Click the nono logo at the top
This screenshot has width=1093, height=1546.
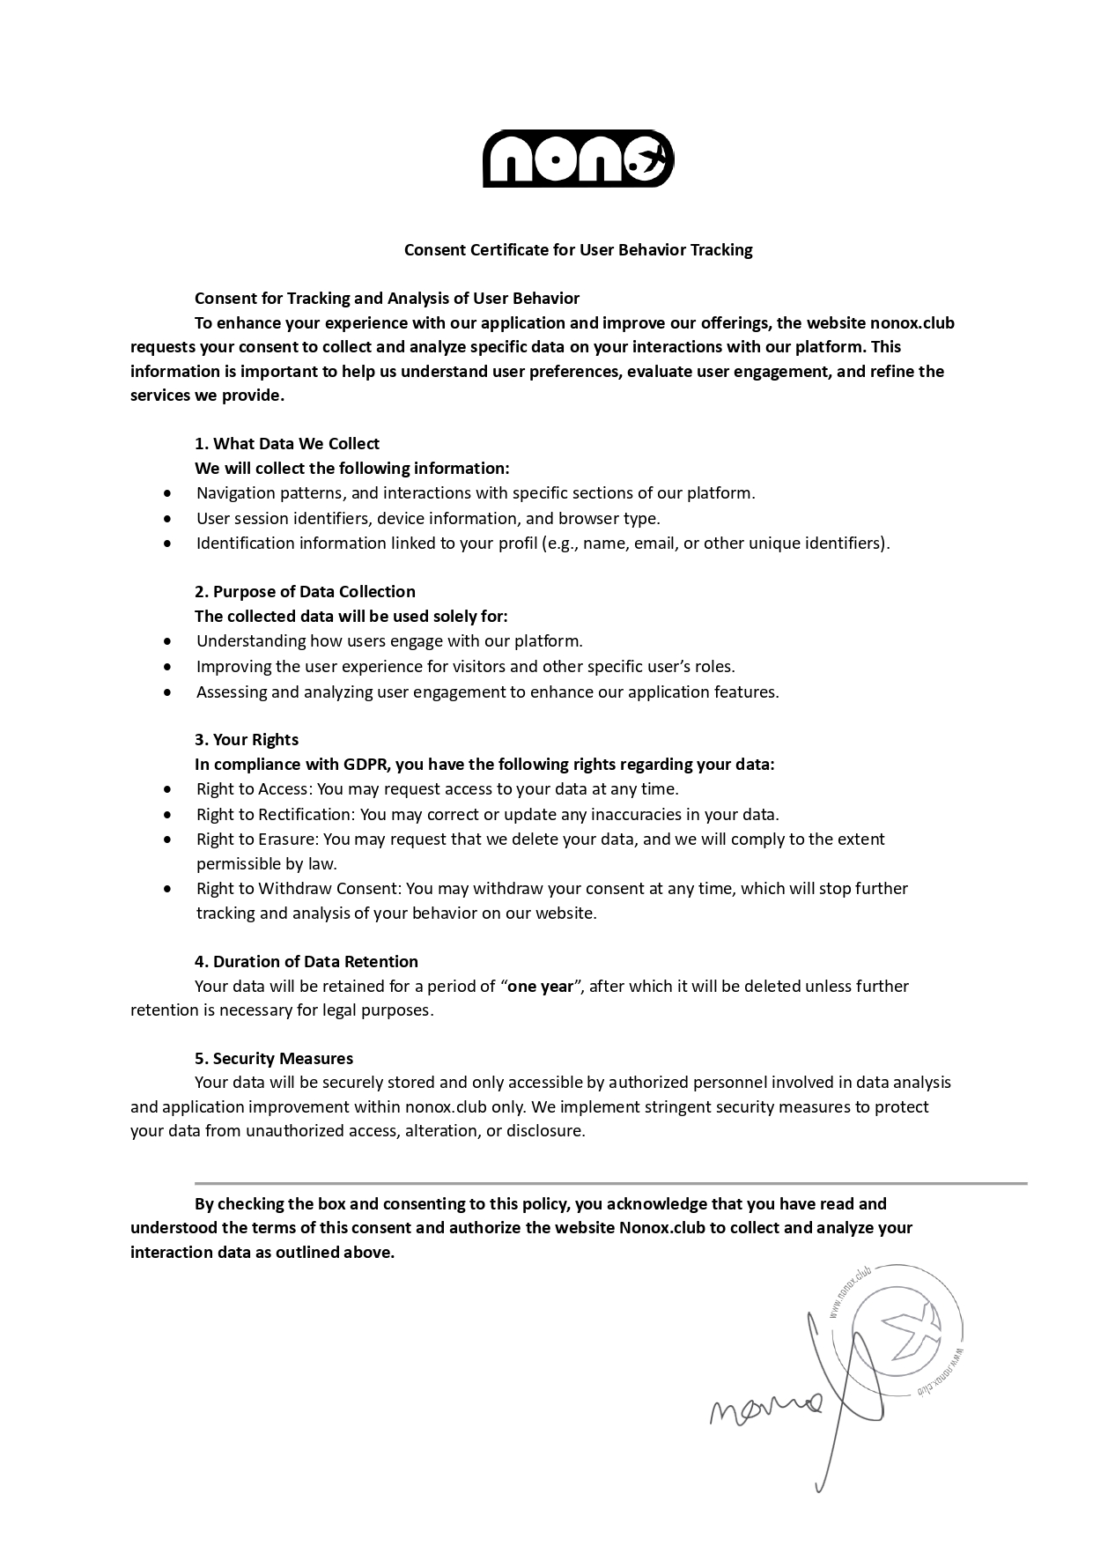(x=578, y=159)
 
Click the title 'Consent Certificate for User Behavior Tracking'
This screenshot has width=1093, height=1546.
(x=578, y=249)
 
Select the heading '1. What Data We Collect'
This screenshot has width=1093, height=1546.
(x=287, y=443)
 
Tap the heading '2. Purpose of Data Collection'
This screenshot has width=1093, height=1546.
(x=305, y=591)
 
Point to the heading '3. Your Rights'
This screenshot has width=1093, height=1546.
(x=247, y=739)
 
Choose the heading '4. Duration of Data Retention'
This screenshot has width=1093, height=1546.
(x=306, y=961)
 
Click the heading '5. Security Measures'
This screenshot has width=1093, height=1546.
(x=274, y=1058)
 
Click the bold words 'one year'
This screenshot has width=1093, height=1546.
(x=541, y=986)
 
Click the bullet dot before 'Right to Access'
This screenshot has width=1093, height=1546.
(x=168, y=789)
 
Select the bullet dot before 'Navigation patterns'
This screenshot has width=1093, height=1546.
(x=168, y=493)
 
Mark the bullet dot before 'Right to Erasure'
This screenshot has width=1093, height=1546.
(x=168, y=840)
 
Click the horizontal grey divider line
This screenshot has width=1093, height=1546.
(x=610, y=1183)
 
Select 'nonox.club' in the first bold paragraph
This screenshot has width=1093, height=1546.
(x=912, y=322)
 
